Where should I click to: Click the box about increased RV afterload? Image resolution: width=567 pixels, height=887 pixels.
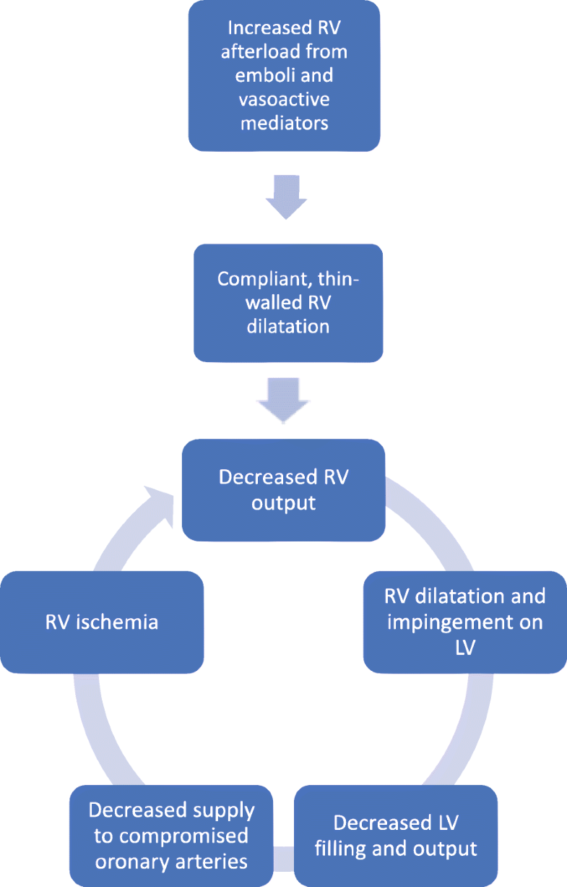283,76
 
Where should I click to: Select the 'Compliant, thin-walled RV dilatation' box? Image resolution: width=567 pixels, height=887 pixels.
287,302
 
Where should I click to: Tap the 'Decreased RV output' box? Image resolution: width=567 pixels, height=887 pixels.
283,490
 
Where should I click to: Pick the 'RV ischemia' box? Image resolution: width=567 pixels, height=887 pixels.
102,622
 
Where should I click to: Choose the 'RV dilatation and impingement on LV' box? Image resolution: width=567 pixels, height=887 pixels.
465,622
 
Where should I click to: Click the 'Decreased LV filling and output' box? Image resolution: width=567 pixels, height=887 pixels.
395,836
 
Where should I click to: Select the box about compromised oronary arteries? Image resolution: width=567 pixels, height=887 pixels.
172,836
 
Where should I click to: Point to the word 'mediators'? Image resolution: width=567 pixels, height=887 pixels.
283,123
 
